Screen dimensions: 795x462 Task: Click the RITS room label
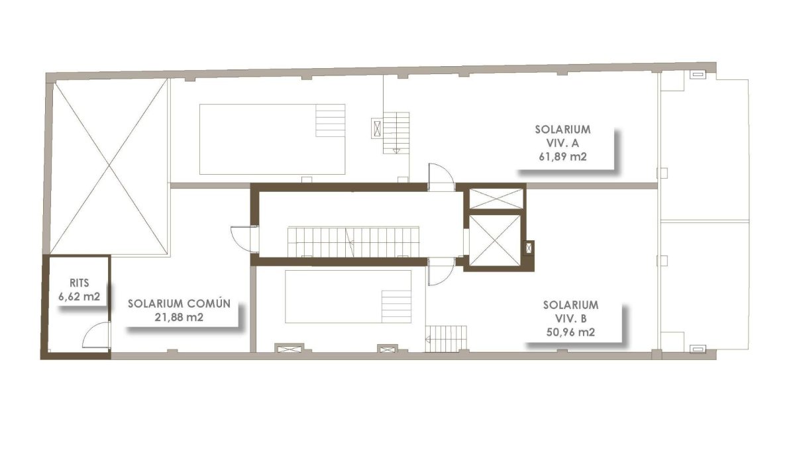click(x=79, y=283)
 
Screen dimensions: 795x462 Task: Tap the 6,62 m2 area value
click(x=79, y=297)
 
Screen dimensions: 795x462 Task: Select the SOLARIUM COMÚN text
click(x=180, y=304)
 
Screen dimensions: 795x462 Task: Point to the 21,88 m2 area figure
click(x=179, y=317)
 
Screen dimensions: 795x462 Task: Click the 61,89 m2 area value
click(x=562, y=156)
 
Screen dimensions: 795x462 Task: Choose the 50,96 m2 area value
click(x=570, y=332)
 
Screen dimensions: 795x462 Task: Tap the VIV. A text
click(x=562, y=143)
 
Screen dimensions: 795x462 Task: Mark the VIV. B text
click(x=570, y=319)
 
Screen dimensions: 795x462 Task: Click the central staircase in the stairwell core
click(x=353, y=242)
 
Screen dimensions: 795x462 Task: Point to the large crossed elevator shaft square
click(x=494, y=240)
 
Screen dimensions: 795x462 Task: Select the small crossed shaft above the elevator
click(x=496, y=199)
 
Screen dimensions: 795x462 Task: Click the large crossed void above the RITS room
click(x=109, y=166)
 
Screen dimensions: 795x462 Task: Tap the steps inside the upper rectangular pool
click(x=330, y=120)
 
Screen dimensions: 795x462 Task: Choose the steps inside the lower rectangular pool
click(x=396, y=306)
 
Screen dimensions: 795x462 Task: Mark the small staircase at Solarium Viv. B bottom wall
click(x=446, y=339)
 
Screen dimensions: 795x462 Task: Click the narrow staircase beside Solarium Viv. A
click(x=396, y=133)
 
